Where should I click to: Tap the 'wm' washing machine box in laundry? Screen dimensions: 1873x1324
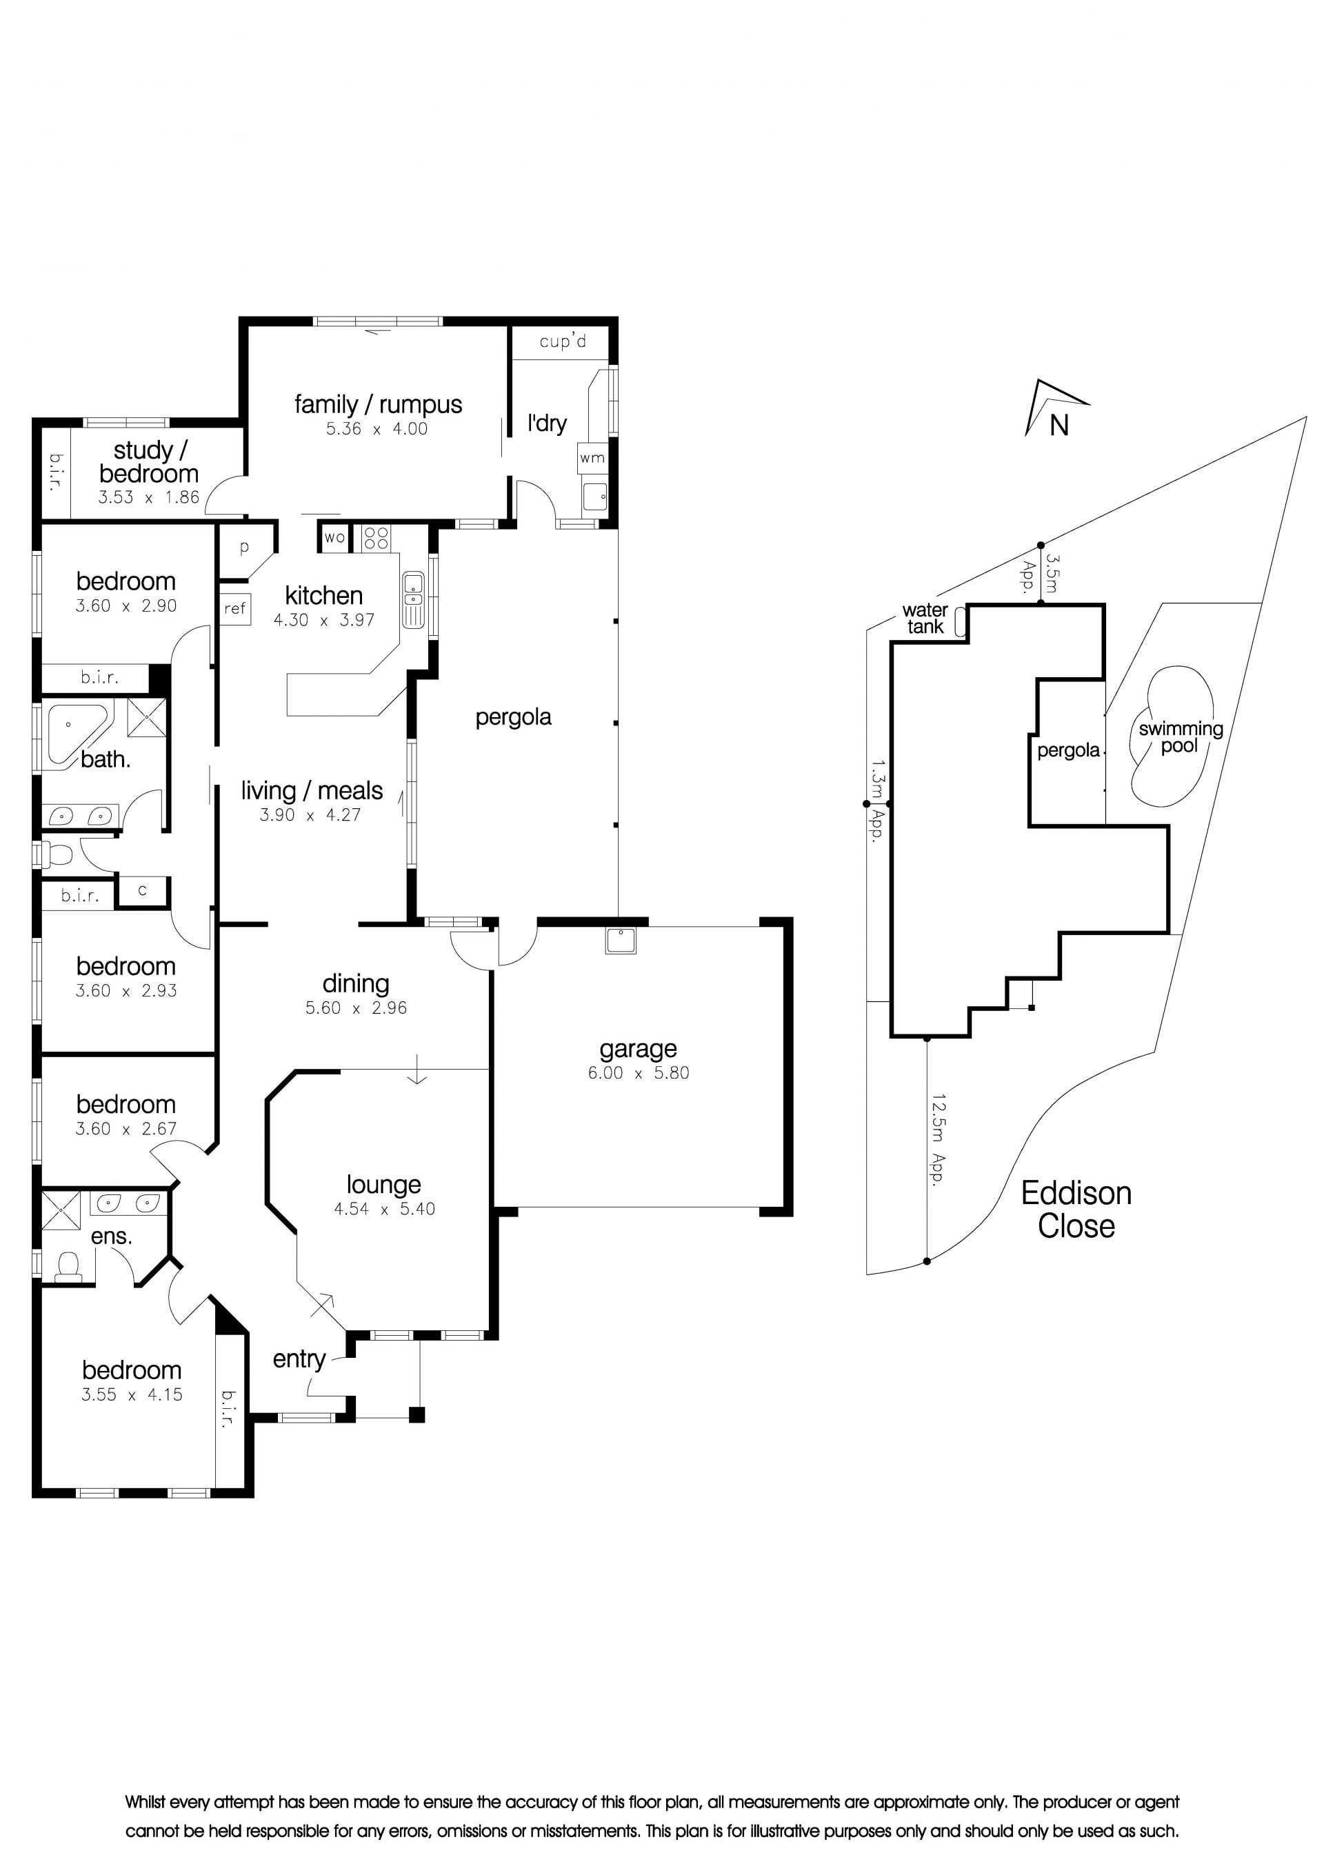(x=592, y=458)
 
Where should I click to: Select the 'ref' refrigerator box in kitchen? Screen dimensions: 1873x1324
(x=235, y=608)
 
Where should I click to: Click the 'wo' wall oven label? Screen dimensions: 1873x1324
(x=334, y=538)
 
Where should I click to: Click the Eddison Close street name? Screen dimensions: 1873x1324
(x=1076, y=1209)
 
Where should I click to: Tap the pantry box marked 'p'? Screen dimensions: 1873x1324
(x=244, y=548)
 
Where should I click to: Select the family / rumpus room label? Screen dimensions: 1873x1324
(x=378, y=405)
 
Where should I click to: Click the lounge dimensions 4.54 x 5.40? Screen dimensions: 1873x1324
(x=384, y=1209)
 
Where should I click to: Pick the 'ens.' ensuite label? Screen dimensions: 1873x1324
(x=112, y=1236)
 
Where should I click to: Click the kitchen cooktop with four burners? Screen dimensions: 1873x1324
(x=376, y=538)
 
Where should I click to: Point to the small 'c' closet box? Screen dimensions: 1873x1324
(x=143, y=890)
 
